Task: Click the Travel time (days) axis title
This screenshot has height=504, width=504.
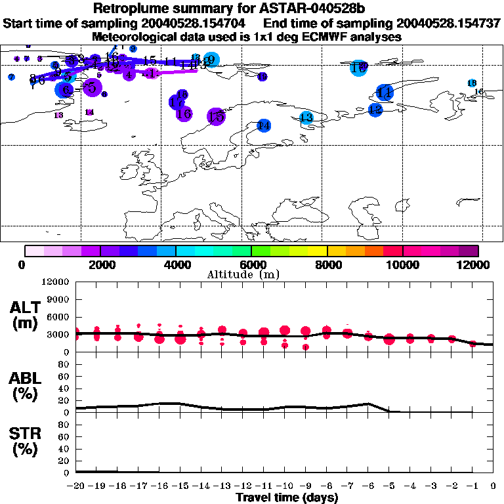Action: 287,497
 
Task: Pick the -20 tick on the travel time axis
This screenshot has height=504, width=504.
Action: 76,486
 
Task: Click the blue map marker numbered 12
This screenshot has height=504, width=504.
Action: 375,110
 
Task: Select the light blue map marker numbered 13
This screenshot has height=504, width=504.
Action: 306,118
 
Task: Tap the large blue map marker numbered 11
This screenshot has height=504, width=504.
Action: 385,93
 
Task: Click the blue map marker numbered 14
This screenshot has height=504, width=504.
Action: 264,125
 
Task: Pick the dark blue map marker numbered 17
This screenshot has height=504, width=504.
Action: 176,102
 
